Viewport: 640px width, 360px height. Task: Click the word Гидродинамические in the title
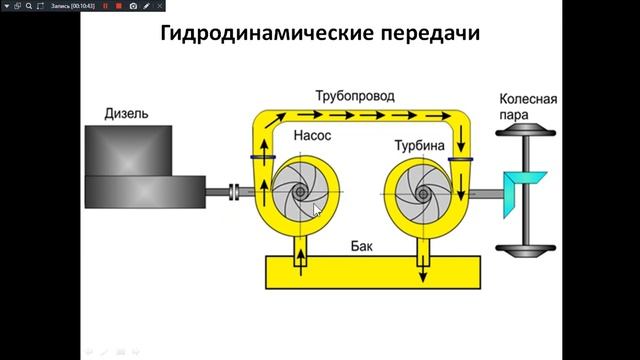coord(258,34)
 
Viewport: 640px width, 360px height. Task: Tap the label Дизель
coord(126,114)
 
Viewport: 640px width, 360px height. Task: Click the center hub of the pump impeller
coord(300,191)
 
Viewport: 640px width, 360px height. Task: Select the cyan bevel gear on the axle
coord(524,189)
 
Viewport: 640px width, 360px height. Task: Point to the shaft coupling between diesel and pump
coord(235,191)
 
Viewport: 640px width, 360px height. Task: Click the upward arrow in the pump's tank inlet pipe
coord(300,260)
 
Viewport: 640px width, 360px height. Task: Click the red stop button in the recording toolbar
coord(118,6)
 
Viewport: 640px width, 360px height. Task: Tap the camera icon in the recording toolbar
coord(132,6)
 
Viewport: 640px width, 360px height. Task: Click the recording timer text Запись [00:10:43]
coord(71,6)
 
